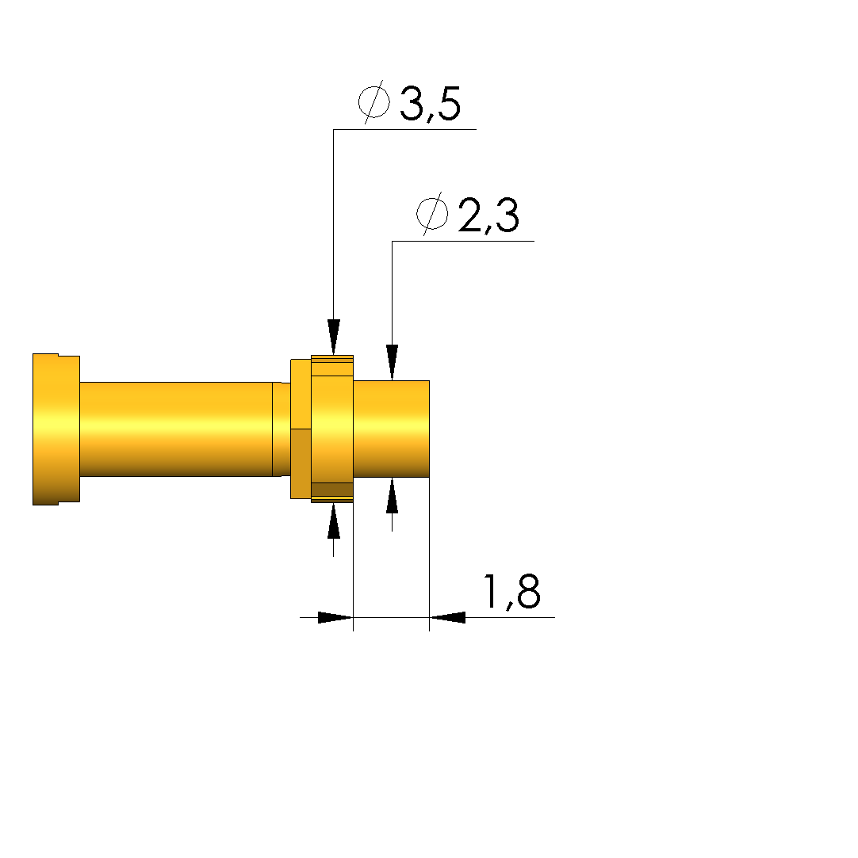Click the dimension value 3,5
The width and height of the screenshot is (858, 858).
click(431, 104)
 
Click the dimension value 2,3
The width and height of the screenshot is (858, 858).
click(488, 215)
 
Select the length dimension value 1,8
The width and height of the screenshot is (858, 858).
click(512, 592)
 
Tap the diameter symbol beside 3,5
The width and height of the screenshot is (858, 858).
click(374, 101)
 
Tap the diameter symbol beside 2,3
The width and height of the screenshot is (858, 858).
click(432, 214)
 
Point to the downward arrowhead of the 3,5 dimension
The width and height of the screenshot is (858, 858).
click(334, 337)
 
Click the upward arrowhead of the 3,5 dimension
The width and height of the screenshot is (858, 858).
click(334, 521)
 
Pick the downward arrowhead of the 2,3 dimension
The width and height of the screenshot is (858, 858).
click(392, 362)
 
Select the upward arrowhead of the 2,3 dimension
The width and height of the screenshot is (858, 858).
click(392, 496)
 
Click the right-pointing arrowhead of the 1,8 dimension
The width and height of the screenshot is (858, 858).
click(335, 617)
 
